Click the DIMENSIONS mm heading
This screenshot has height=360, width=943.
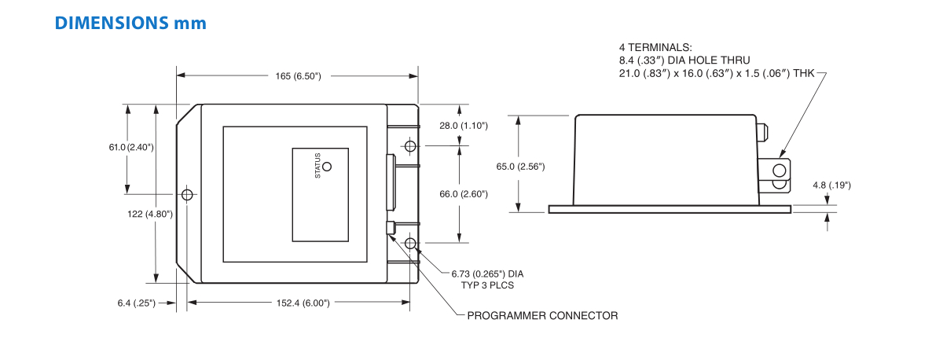point(130,23)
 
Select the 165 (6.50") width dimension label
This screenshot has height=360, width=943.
point(298,76)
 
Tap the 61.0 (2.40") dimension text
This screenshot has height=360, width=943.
point(131,147)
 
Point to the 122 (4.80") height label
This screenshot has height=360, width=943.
point(150,215)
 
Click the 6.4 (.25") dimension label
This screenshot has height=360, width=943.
point(137,303)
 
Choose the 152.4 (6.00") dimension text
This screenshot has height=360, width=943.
point(303,303)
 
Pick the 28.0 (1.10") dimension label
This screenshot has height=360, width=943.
point(464,126)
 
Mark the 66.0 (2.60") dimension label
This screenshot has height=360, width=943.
point(464,194)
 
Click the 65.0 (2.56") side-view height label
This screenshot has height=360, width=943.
point(520,167)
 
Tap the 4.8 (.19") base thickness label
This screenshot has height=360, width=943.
point(831,186)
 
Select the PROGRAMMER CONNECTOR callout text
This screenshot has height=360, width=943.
point(543,316)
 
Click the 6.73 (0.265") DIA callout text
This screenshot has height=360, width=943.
point(487,274)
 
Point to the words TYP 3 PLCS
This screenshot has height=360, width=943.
point(487,285)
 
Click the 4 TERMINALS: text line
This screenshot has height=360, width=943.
point(655,48)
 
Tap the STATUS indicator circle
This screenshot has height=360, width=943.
point(327,167)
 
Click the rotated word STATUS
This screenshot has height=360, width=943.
point(317,166)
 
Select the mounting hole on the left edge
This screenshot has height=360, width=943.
point(187,195)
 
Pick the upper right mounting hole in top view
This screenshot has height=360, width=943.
point(410,146)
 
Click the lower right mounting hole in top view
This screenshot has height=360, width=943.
point(410,244)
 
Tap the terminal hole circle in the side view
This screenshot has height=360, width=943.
point(780,171)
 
